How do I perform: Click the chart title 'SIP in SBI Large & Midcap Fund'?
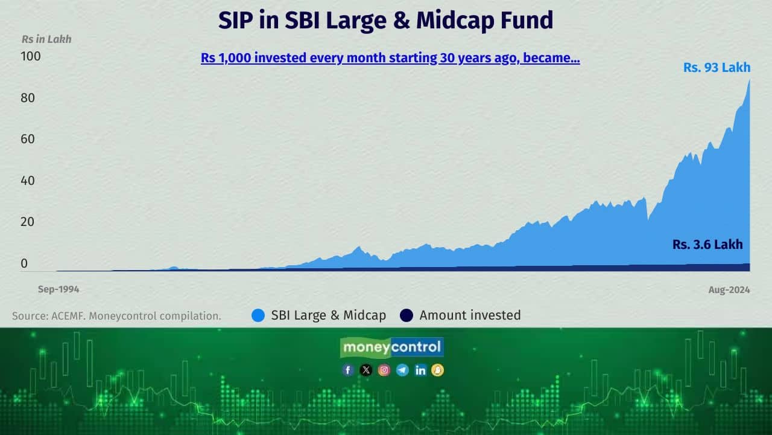385,21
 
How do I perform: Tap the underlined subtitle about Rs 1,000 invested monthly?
390,59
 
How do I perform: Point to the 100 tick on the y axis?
31,56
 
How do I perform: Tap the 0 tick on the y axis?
24,263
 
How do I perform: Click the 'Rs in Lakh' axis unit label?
46,39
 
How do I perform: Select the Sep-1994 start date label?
59,289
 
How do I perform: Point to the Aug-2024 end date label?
729,290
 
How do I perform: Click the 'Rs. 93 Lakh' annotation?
717,68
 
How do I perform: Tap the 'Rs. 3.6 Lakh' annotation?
707,245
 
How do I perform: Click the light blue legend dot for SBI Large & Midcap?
258,315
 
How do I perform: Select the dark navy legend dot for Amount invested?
407,315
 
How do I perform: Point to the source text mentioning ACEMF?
116,316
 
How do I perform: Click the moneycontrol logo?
392,347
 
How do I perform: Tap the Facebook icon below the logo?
348,370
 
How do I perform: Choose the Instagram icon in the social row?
384,370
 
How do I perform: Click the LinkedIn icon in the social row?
420,370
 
